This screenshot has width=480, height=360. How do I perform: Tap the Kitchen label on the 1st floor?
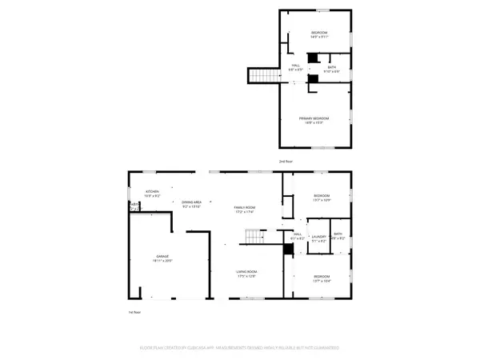coord(152,192)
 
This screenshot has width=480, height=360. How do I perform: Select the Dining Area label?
coord(191,202)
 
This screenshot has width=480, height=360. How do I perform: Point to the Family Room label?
coord(244,208)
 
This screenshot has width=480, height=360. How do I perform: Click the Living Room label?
coord(246,272)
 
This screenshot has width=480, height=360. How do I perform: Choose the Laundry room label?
coord(320,235)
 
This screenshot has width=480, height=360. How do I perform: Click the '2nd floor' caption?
coord(285,162)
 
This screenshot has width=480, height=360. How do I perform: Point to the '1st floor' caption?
coord(135,312)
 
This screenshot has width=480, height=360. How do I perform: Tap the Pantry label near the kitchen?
coord(134,206)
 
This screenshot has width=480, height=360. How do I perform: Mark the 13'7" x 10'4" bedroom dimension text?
coord(322,280)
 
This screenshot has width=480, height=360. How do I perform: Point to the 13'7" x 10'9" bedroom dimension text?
coord(322,200)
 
